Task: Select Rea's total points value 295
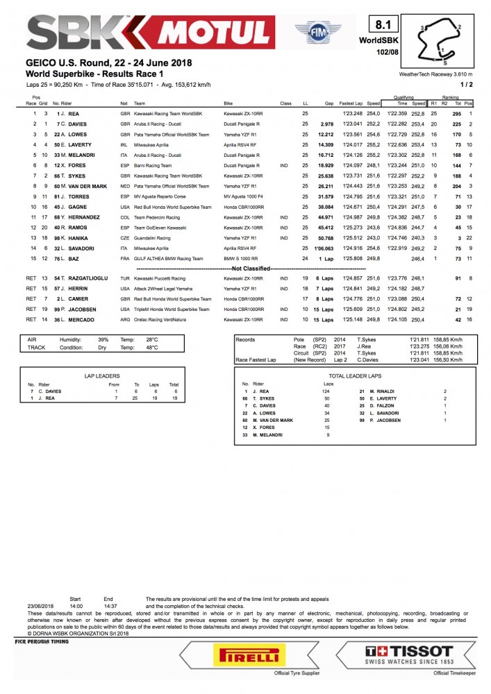click(457, 113)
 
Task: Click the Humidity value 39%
click(103, 340)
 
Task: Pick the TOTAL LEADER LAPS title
click(354, 375)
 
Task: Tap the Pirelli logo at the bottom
click(250, 654)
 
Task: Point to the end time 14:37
click(109, 606)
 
